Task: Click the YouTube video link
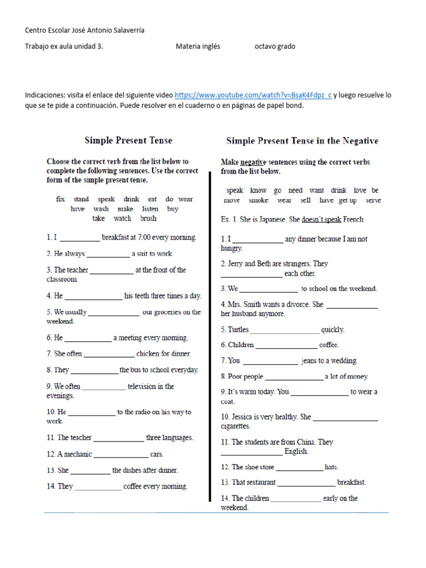(253, 95)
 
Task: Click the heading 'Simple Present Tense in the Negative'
(302, 141)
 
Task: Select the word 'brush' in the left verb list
(148, 219)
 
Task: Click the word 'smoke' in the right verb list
(258, 200)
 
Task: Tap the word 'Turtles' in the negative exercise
(238, 329)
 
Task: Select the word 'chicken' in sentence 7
(148, 353)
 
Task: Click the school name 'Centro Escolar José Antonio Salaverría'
(85, 31)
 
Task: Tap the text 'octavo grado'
(275, 47)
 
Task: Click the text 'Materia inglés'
(198, 47)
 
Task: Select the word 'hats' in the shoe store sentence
(331, 467)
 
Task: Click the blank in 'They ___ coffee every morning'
(98, 488)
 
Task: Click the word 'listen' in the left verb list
(150, 209)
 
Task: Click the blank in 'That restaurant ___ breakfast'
(306, 483)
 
